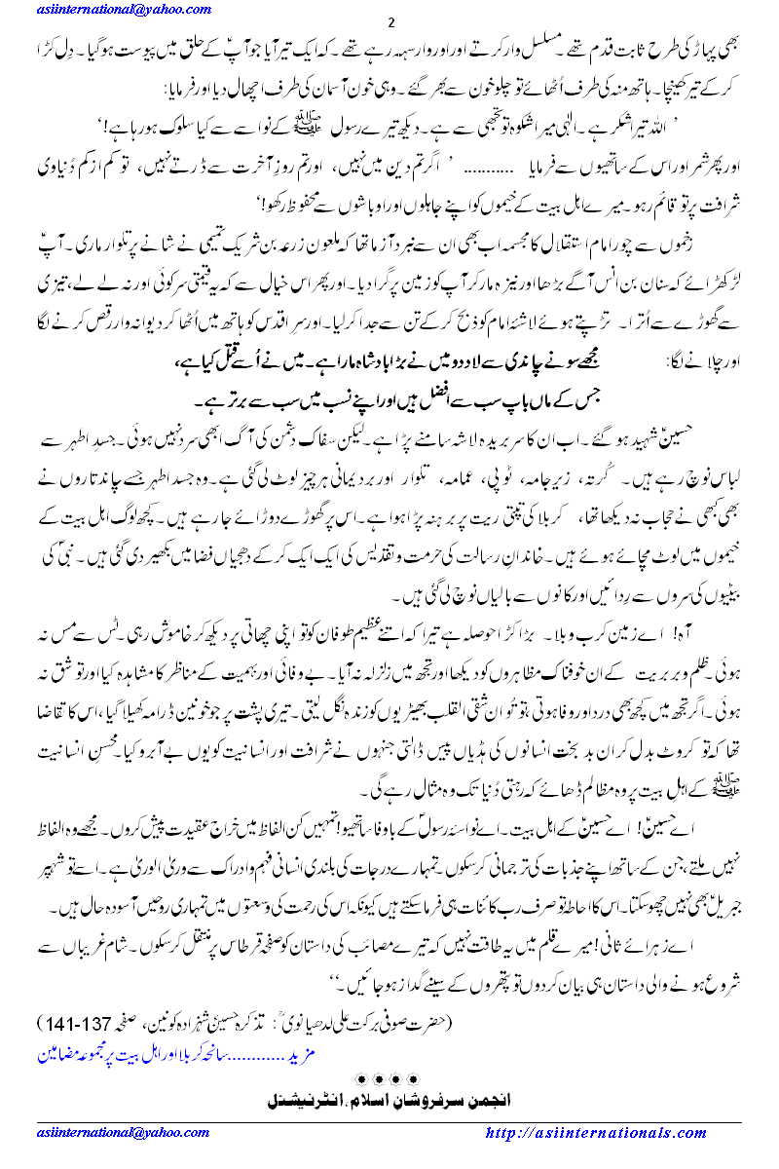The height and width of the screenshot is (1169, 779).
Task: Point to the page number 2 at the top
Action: click(390, 22)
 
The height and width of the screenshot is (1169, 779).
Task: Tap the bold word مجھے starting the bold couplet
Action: click(578, 333)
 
